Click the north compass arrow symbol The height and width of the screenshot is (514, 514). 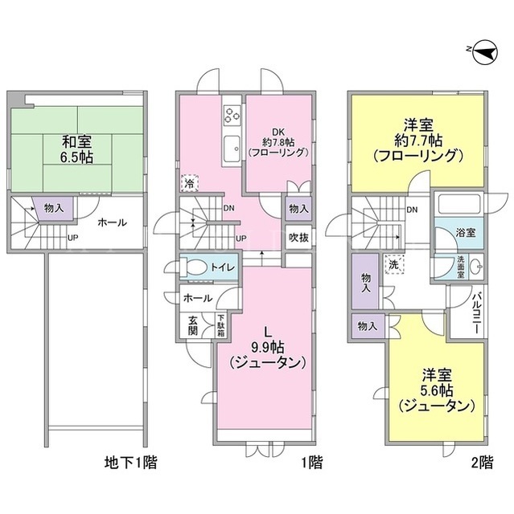(x=485, y=51)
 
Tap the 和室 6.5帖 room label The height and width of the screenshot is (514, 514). (x=77, y=149)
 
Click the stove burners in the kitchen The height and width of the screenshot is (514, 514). (x=232, y=115)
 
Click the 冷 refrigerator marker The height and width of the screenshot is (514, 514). (x=190, y=183)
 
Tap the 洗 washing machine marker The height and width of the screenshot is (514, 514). (x=394, y=264)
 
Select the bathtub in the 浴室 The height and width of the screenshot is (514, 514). (x=458, y=205)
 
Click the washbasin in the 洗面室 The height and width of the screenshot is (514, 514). (x=476, y=266)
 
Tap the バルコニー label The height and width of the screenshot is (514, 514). (x=476, y=312)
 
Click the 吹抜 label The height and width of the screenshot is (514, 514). (x=298, y=238)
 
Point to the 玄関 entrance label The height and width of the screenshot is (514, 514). (x=193, y=325)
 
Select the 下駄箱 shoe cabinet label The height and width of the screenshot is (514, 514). (x=221, y=325)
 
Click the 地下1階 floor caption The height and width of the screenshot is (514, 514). (x=130, y=463)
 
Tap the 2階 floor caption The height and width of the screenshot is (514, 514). (x=482, y=463)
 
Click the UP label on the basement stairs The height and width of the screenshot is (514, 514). (x=72, y=238)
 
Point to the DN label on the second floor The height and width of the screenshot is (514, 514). (x=412, y=210)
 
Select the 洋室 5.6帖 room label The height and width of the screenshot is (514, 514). (x=437, y=391)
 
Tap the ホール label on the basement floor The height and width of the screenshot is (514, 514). (x=112, y=222)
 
